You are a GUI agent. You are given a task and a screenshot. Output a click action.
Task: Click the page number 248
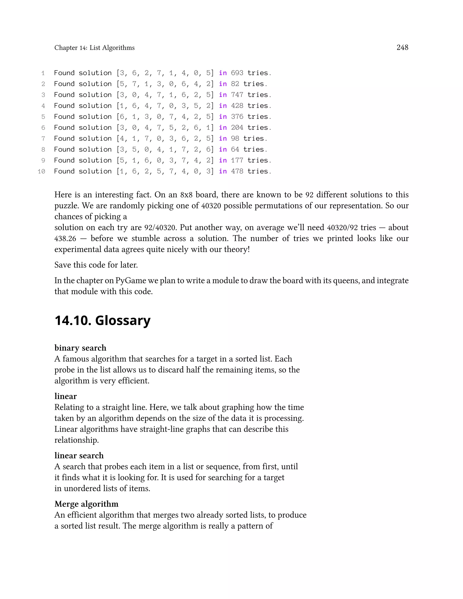[402, 47]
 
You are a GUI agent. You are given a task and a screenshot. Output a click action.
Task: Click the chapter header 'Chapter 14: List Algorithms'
[94, 48]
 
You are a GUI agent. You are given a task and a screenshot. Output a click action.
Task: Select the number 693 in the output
[237, 73]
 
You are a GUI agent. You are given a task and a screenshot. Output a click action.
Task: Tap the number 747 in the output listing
[237, 95]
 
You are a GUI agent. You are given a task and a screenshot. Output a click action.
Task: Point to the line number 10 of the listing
[41, 171]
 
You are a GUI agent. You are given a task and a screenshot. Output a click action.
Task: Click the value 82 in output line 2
[235, 84]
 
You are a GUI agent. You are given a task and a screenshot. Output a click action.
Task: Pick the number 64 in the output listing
[235, 149]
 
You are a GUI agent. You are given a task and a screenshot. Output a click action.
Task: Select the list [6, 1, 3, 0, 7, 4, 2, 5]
[165, 117]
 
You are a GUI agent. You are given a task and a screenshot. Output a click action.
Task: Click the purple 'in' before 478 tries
[223, 171]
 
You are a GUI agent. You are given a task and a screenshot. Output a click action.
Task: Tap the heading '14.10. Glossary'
[103, 320]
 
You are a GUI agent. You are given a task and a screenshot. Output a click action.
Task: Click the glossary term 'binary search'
[80, 348]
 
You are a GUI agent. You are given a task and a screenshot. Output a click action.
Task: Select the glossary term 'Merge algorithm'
[86, 504]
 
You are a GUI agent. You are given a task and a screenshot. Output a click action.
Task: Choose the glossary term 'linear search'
[79, 455]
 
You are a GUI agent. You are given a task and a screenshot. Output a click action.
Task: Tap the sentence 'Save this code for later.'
[96, 265]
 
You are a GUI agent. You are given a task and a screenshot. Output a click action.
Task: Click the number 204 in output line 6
[237, 128]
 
